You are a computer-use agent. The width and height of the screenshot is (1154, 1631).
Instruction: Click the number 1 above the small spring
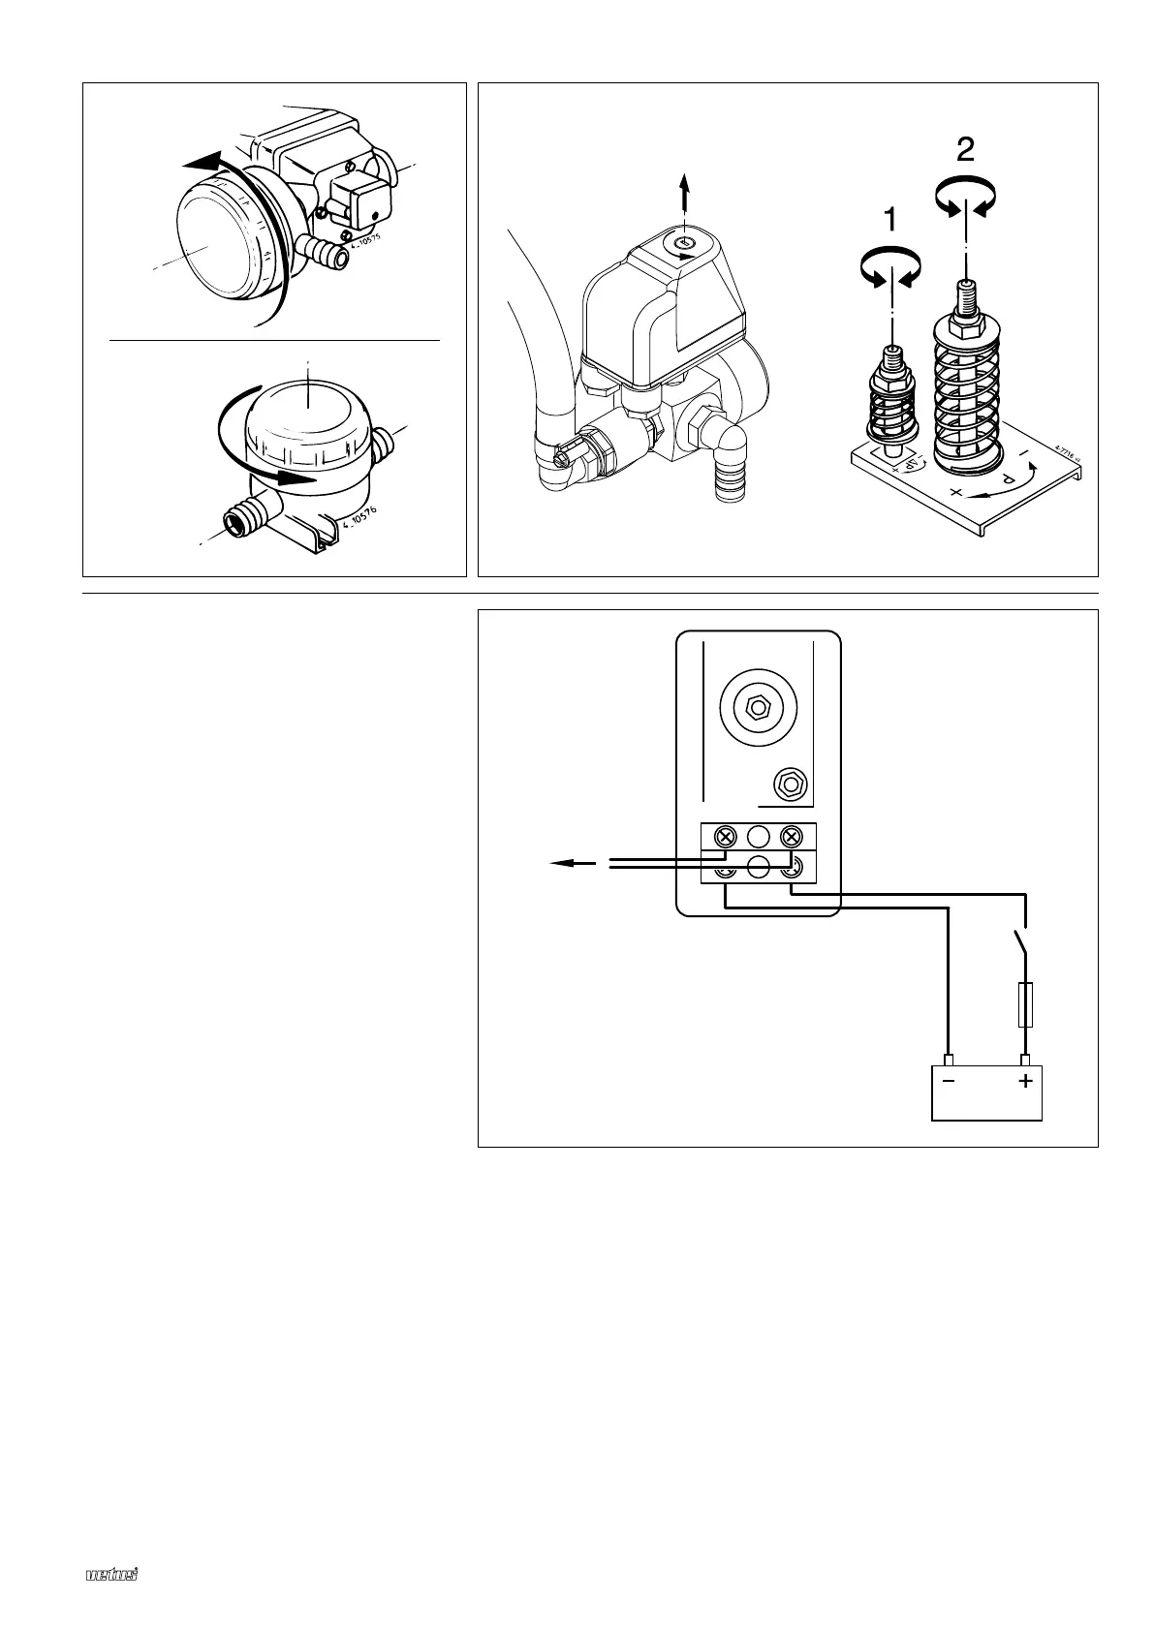[x=889, y=222]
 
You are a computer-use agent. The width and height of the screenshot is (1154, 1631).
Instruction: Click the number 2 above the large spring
[x=965, y=148]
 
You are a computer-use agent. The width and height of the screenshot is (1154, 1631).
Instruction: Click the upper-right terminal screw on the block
[x=793, y=836]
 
